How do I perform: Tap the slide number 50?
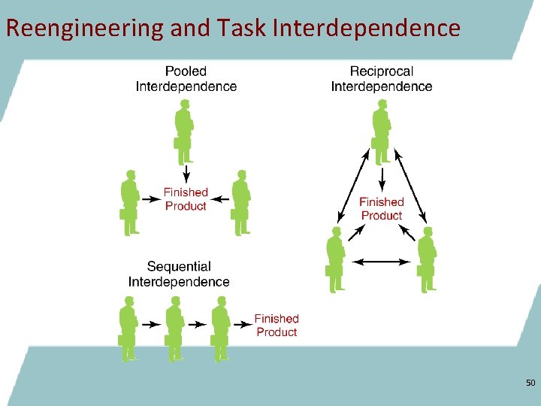(530, 383)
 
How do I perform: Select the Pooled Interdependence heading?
(186, 79)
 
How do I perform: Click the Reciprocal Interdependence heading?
(382, 79)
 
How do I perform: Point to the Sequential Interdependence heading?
(179, 274)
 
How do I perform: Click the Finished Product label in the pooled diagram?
(186, 199)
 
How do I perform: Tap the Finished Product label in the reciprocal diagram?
(382, 208)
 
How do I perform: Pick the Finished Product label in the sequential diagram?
(277, 326)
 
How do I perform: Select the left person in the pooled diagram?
(130, 202)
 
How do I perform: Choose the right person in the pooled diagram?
(240, 202)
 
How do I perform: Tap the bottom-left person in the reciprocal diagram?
(336, 259)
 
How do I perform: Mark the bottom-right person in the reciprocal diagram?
(427, 259)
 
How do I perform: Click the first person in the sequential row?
(128, 328)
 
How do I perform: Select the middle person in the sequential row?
(174, 328)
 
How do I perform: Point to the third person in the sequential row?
(220, 328)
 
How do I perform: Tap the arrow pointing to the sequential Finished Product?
(243, 325)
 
